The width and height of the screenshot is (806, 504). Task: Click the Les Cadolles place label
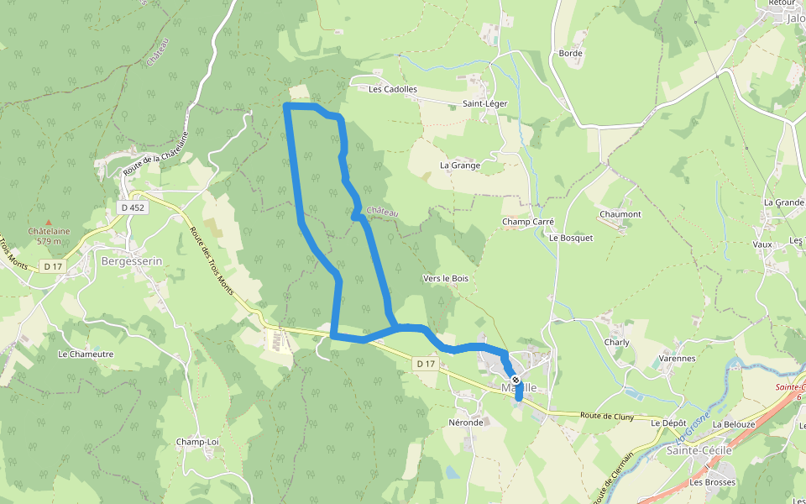coord(393,89)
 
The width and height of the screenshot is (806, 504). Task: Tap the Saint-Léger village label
coord(484,104)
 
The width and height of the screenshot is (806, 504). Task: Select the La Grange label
coord(460,165)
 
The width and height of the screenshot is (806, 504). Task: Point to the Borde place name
coord(570,54)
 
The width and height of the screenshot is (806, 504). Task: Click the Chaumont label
coord(620,214)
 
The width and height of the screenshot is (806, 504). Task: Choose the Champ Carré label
coord(528,223)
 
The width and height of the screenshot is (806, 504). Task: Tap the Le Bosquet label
coord(571,238)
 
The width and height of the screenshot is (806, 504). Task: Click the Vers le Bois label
coord(446,278)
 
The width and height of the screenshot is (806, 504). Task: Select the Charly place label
coord(617,343)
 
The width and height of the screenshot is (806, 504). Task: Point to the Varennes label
coord(677,358)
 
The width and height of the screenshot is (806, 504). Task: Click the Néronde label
coord(466,423)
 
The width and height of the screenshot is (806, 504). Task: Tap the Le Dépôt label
coord(668,423)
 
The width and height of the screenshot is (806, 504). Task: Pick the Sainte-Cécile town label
coord(699,450)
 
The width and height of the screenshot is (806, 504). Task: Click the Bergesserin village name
coord(131,261)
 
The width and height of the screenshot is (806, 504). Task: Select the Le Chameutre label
coord(86,354)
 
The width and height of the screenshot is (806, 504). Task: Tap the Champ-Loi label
coord(197,442)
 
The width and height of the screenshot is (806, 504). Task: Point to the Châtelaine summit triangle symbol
coord(49,222)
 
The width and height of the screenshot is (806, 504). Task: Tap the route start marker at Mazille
coord(516,381)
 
